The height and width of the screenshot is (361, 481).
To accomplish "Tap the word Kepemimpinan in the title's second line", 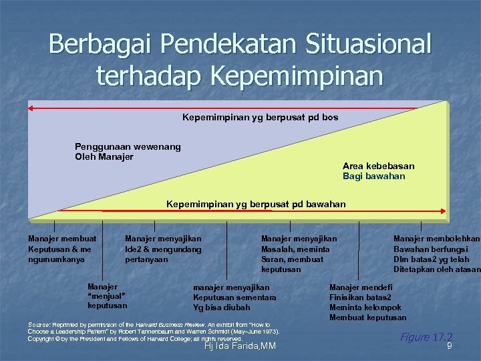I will [297, 76].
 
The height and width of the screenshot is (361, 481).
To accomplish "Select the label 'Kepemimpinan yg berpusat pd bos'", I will [260, 117].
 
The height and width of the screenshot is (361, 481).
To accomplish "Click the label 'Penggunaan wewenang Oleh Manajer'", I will [128, 152].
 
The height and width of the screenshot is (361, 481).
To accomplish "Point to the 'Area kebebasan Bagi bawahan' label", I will [378, 171].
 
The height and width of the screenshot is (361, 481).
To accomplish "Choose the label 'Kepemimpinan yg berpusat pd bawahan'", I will [256, 203].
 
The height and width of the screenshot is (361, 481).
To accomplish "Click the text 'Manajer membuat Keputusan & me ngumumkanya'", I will [62, 249].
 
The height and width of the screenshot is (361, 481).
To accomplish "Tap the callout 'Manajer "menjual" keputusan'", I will [107, 295].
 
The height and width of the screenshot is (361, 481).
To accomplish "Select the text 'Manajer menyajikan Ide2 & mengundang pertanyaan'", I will [163, 249].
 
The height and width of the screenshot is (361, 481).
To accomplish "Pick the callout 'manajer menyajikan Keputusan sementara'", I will [234, 297].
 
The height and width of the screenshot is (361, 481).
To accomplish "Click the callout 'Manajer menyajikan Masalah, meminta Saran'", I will [299, 253].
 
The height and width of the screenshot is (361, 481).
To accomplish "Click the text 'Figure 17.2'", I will [426, 337].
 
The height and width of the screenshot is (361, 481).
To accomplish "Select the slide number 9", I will [450, 346].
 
